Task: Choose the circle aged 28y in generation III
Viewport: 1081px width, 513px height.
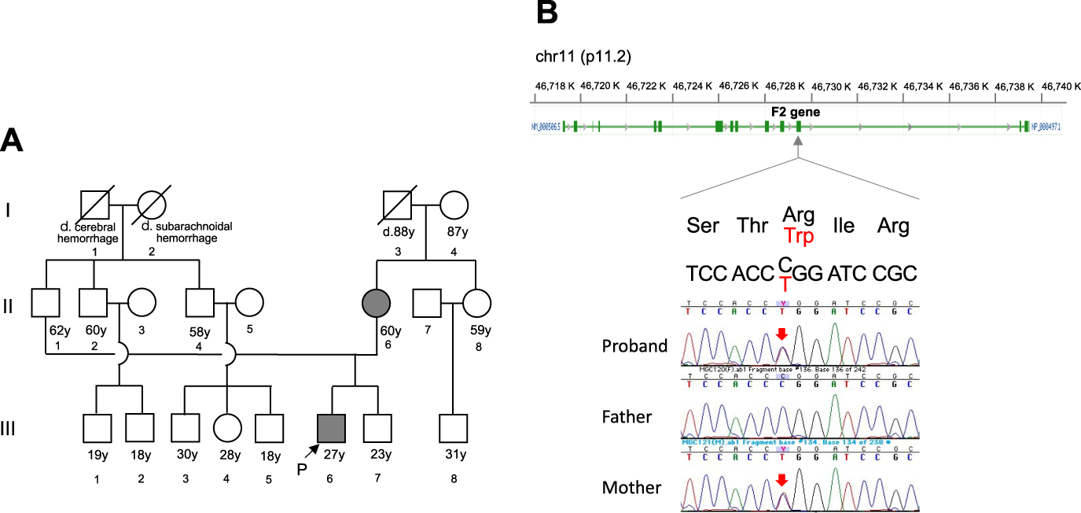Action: click(x=228, y=427)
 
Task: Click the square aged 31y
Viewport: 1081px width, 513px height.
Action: click(x=453, y=427)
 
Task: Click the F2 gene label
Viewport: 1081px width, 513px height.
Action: click(x=795, y=112)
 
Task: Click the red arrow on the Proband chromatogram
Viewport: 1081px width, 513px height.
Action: click(x=781, y=334)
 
